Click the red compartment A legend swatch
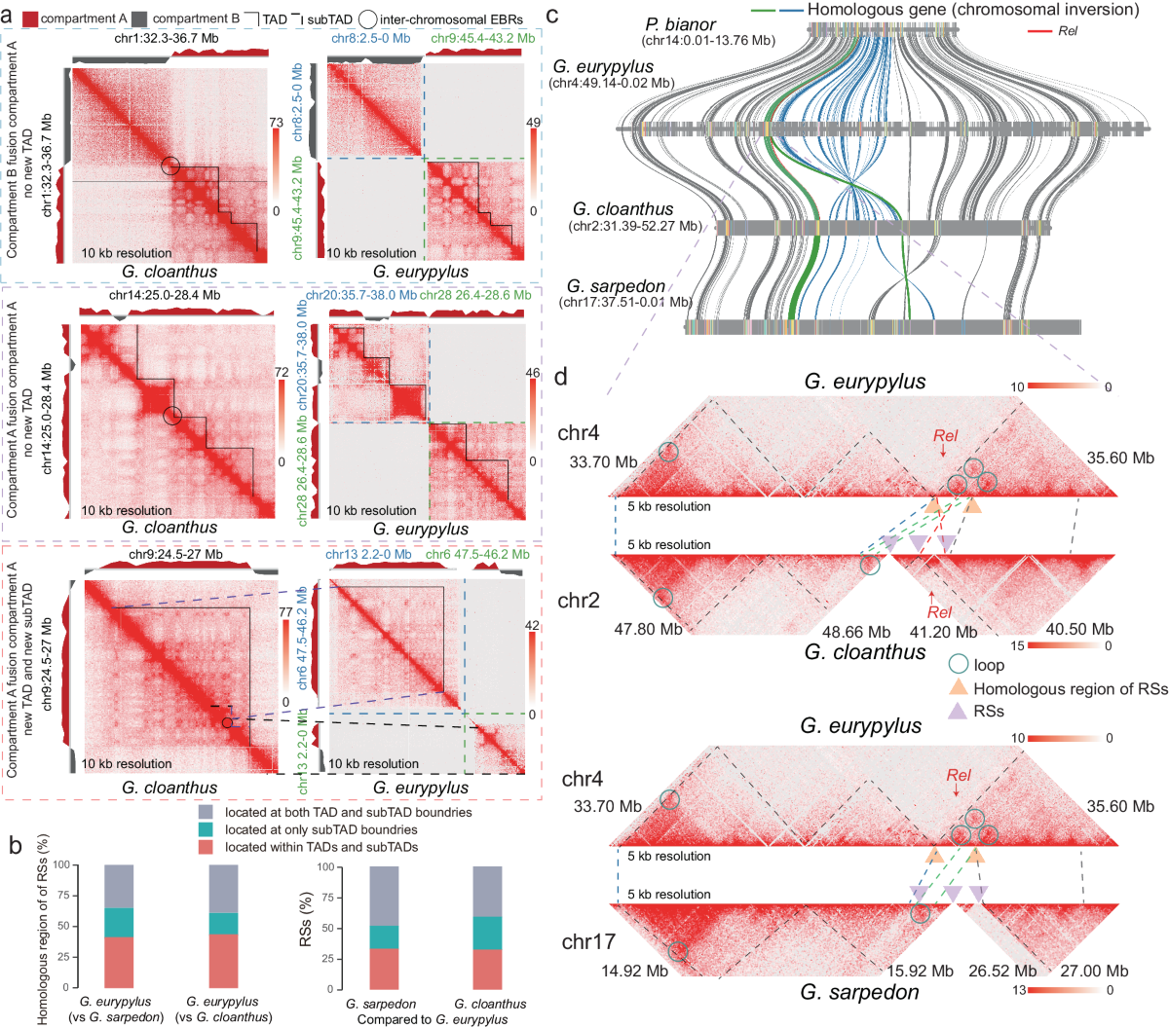click(x=29, y=18)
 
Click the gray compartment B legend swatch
click(x=138, y=18)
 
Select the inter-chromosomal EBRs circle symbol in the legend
click(x=367, y=18)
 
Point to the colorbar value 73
click(x=276, y=123)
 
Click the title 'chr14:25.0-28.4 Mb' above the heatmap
click(x=165, y=295)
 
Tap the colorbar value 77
click(x=285, y=613)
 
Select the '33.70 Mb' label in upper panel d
click(x=603, y=462)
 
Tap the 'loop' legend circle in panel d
click(x=959, y=666)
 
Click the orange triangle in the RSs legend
click(x=959, y=688)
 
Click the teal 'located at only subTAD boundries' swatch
click(x=206, y=829)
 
